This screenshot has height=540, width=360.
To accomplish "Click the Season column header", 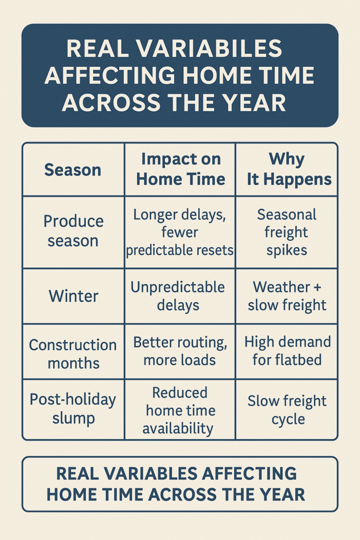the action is [x=73, y=170].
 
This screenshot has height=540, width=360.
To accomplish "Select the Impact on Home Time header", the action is [x=181, y=169].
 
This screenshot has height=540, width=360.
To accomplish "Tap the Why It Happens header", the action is [x=289, y=169].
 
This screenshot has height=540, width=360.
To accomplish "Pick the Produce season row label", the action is [x=73, y=231].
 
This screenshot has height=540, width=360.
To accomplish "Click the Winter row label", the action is [x=73, y=296].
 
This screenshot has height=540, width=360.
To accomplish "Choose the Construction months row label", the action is [x=73, y=354].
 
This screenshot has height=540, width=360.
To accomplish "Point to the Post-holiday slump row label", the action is [x=73, y=409].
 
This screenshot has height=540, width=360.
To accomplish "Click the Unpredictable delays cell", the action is [x=178, y=296].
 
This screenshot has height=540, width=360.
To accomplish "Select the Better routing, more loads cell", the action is [x=180, y=351].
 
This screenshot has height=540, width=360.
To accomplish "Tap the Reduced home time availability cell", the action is [x=179, y=410].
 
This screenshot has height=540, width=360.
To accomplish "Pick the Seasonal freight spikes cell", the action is [x=286, y=233].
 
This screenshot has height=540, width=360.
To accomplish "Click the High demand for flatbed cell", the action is [x=287, y=351].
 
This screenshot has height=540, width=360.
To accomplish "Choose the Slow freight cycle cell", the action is [x=287, y=410].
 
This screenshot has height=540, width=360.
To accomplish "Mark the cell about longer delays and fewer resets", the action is [x=180, y=233].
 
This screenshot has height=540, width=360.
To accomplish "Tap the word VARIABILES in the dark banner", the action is [x=210, y=49].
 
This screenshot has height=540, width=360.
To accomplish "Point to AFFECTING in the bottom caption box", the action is [x=249, y=474].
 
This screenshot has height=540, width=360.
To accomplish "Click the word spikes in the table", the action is [x=287, y=250].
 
